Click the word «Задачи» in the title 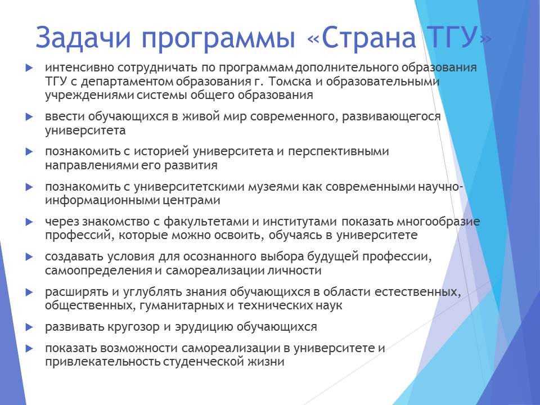point(83,38)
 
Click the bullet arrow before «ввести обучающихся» point(29,117)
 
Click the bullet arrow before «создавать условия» point(29,257)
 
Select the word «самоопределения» point(98,271)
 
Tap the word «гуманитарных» point(182,306)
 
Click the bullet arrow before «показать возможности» point(29,349)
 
